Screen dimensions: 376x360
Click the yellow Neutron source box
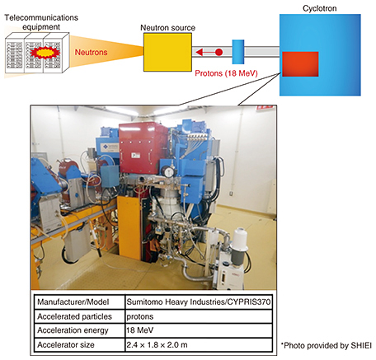pyautogui.click(x=167, y=52)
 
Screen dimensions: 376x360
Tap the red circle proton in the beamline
pyautogui.click(x=219, y=52)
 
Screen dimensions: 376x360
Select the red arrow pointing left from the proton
pyautogui.click(x=205, y=52)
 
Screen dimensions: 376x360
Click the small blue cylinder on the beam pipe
pyautogui.click(x=238, y=52)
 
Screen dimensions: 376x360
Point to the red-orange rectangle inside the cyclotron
pyautogui.click(x=300, y=64)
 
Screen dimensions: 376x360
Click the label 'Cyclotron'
pyautogui.click(x=320, y=8)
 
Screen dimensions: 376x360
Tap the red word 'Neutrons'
pyautogui.click(x=91, y=52)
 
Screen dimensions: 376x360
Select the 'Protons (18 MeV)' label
pyautogui.click(x=226, y=73)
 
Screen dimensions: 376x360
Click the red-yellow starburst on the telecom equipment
pyautogui.click(x=45, y=53)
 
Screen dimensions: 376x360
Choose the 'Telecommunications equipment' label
pyautogui.click(x=41, y=22)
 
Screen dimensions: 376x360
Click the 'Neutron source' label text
pyautogui.click(x=167, y=28)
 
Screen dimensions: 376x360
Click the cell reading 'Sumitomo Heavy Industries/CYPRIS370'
pyautogui.click(x=199, y=302)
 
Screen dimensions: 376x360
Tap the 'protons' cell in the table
pyautogui.click(x=199, y=316)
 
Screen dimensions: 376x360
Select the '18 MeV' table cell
pyautogui.click(x=199, y=330)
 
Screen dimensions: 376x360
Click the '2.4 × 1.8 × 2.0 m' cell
pyautogui.click(x=199, y=344)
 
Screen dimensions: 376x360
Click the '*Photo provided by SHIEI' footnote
pyautogui.click(x=327, y=345)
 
